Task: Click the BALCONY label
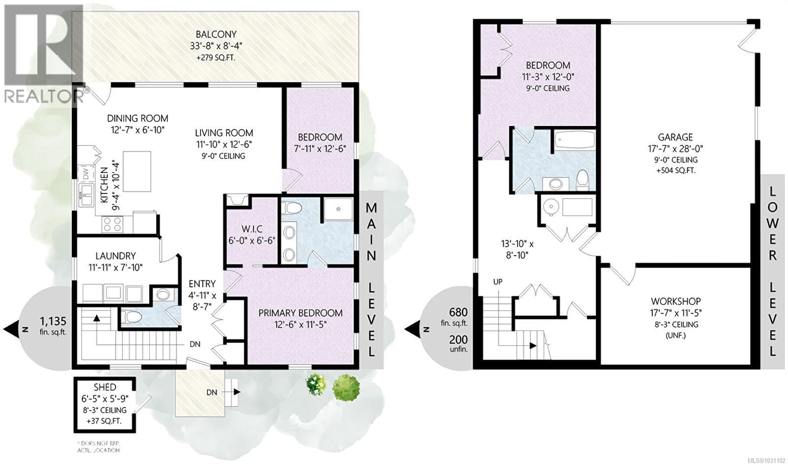pyautogui.click(x=216, y=34)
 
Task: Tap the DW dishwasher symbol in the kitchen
pyautogui.click(x=85, y=173)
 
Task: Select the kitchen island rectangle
pyautogui.click(x=137, y=171)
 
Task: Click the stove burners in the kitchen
pyautogui.click(x=112, y=225)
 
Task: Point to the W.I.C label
pyautogui.click(x=252, y=229)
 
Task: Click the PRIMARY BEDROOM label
pyautogui.click(x=300, y=313)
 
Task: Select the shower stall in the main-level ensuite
pyautogui.click(x=338, y=209)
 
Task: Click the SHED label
pyautogui.click(x=104, y=387)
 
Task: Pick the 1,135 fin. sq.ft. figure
pyautogui.click(x=53, y=322)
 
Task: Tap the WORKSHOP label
pyautogui.click(x=675, y=301)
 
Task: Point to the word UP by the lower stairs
pyautogui.click(x=498, y=282)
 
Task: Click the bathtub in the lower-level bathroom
pyautogui.click(x=574, y=140)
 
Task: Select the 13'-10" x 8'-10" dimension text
pyautogui.click(x=517, y=249)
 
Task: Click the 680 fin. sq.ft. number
pyautogui.click(x=458, y=312)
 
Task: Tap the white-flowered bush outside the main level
pyautogui.click(x=316, y=384)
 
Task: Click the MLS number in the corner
pyautogui.click(x=766, y=460)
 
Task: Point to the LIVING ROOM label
pyautogui.click(x=224, y=133)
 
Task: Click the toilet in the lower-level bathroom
pyautogui.click(x=583, y=180)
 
